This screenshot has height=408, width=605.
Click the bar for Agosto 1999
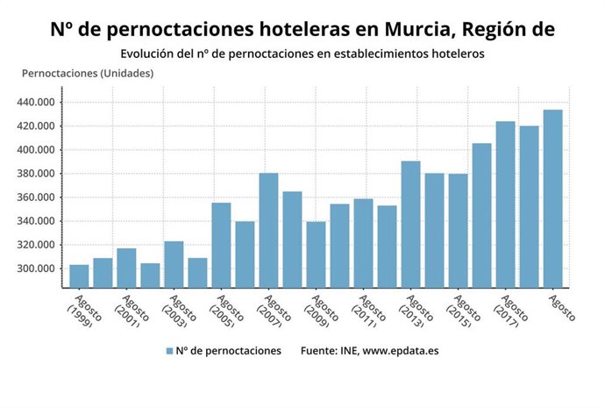(79, 276)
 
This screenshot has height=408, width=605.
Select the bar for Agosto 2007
(268, 230)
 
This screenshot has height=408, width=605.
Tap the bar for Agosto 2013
(410, 224)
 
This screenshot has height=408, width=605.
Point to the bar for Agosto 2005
(221, 245)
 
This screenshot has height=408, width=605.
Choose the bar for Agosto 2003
(174, 263)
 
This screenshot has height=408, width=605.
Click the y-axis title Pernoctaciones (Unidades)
(88, 73)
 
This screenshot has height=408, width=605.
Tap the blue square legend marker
(168, 351)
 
